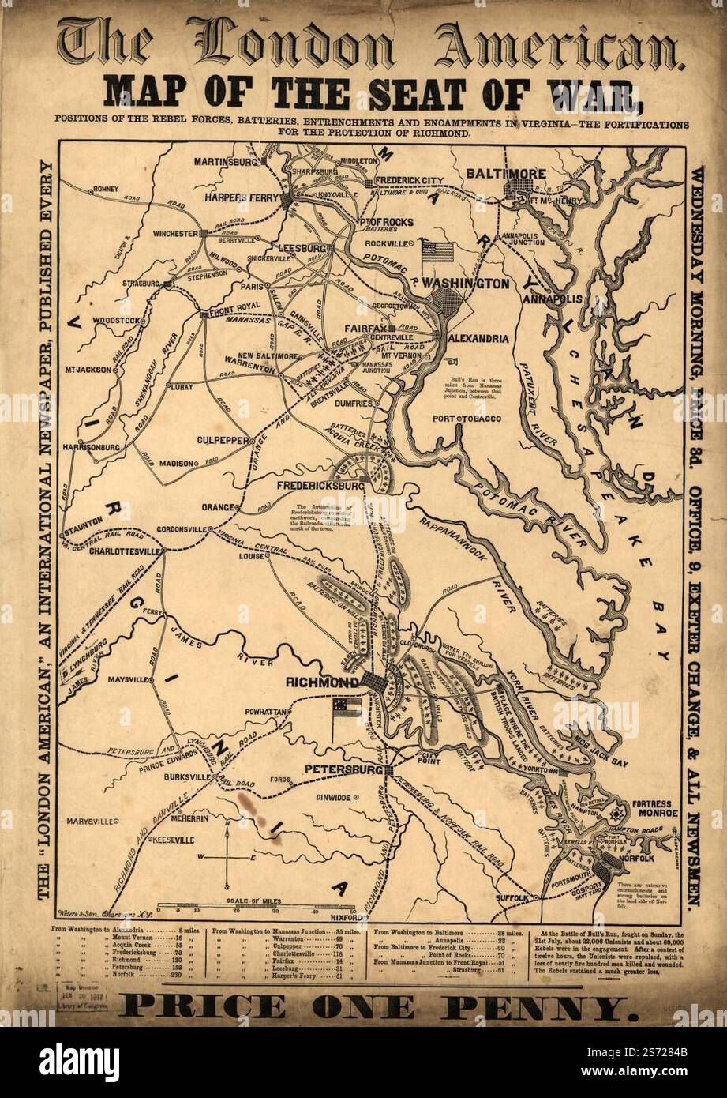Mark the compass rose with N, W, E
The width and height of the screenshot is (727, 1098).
(x=227, y=856)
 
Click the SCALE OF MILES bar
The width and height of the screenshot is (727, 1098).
(x=254, y=909)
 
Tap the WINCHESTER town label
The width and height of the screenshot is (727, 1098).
(x=174, y=234)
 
